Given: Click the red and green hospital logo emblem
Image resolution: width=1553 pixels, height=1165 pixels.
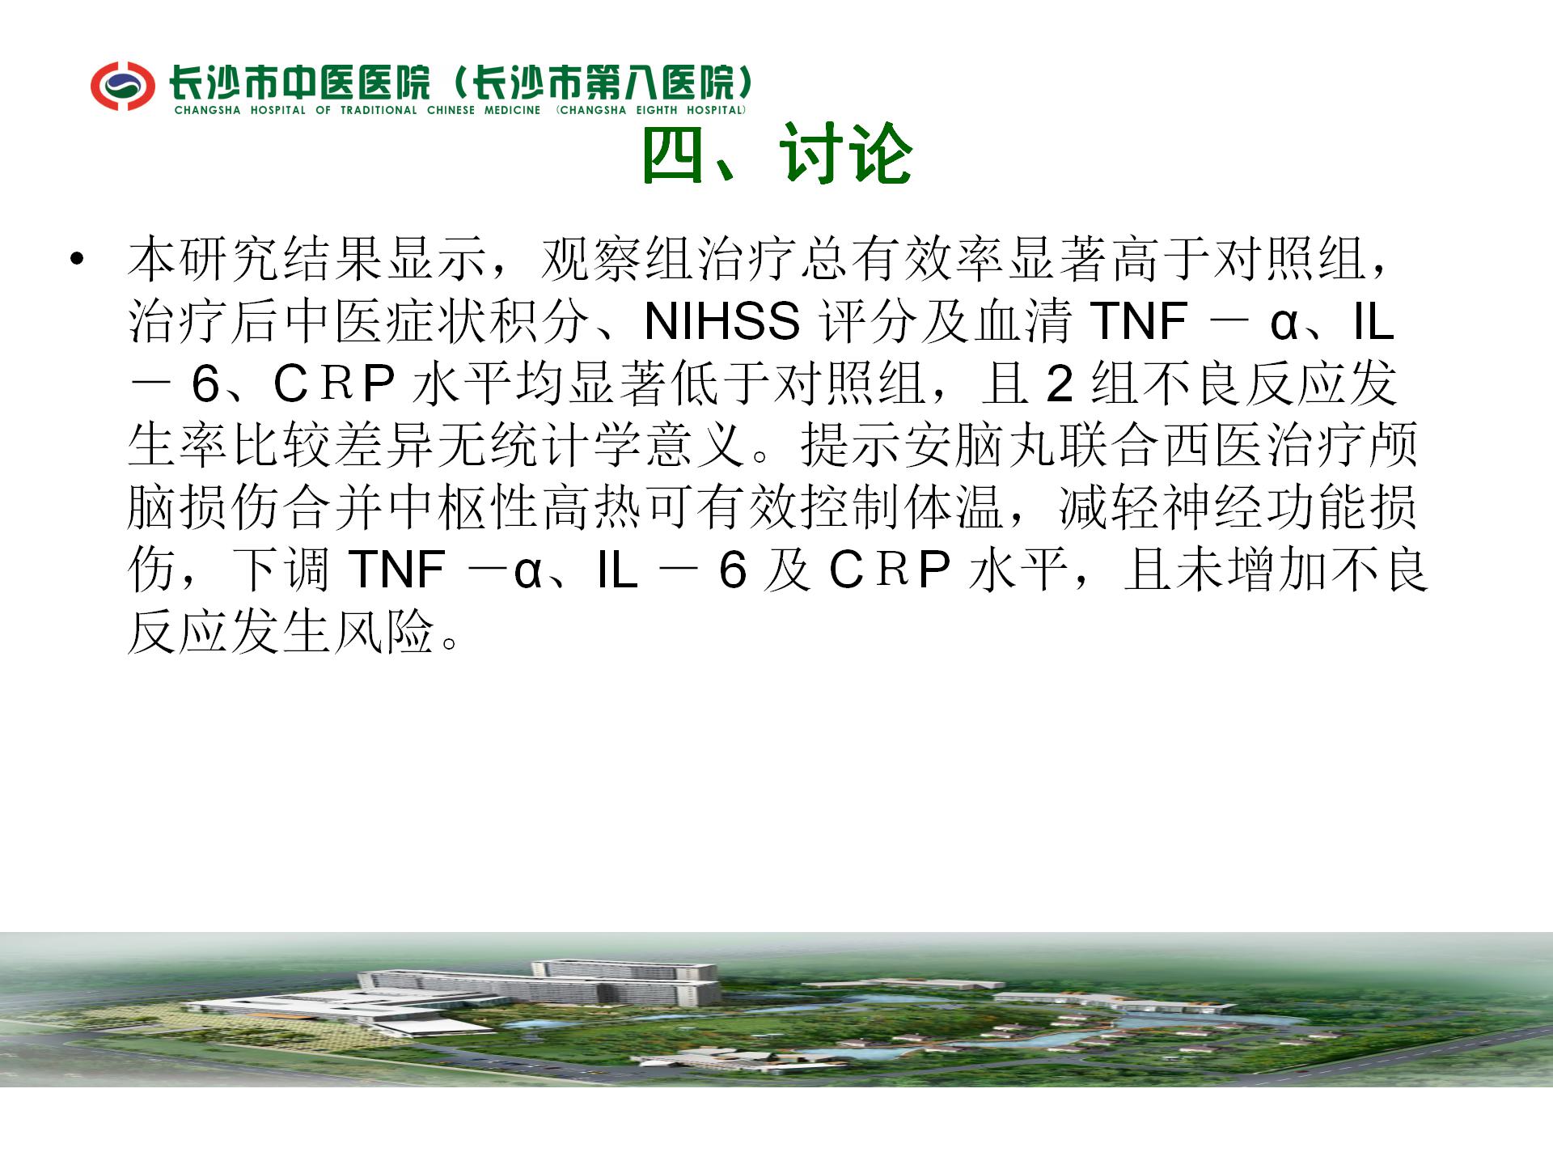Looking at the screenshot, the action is click(x=122, y=85).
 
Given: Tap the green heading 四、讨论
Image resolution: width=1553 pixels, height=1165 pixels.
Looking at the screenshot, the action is click(x=777, y=154).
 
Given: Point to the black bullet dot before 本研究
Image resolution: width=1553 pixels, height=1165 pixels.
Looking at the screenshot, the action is click(x=77, y=259).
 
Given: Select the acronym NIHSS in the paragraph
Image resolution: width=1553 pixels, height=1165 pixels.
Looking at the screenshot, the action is click(x=721, y=321).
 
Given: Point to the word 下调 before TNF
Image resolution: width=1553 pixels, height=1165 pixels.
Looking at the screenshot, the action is click(x=281, y=570).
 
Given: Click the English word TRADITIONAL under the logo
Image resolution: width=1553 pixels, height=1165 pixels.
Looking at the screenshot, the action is click(x=379, y=110).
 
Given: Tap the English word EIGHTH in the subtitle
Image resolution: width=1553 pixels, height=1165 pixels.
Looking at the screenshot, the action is click(x=657, y=110).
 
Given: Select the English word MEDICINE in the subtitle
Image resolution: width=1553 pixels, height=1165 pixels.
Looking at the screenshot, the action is click(x=512, y=110).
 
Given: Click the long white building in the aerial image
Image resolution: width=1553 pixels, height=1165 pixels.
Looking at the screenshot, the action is click(x=538, y=984).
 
